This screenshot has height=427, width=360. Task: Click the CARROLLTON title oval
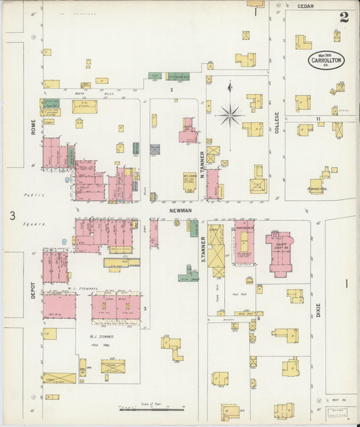[x=326, y=59]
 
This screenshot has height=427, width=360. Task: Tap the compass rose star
[x=230, y=115]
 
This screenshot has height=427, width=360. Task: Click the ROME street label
[x=33, y=128]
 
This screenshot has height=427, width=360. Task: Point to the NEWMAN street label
[x=180, y=211]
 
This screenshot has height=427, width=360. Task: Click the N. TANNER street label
[x=201, y=161]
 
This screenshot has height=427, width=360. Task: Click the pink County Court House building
[x=279, y=253]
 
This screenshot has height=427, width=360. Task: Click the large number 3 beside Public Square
[x=12, y=216]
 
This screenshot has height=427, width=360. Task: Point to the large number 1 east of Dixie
[x=347, y=284]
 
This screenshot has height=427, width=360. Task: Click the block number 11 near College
[x=317, y=119]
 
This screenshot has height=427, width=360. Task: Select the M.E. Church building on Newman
[x=189, y=181]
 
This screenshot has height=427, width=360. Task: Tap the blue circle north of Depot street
[x=64, y=241]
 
